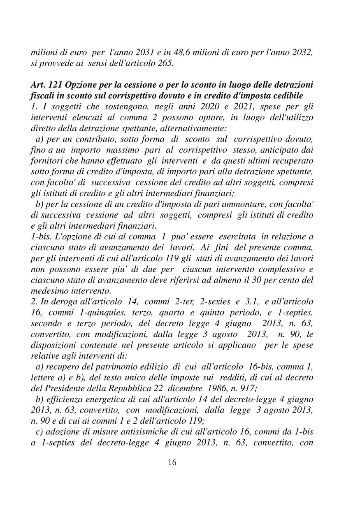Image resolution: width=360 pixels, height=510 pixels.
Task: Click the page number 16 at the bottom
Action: tap(172, 462)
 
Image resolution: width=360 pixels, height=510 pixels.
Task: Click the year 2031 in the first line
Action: tap(145, 53)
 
